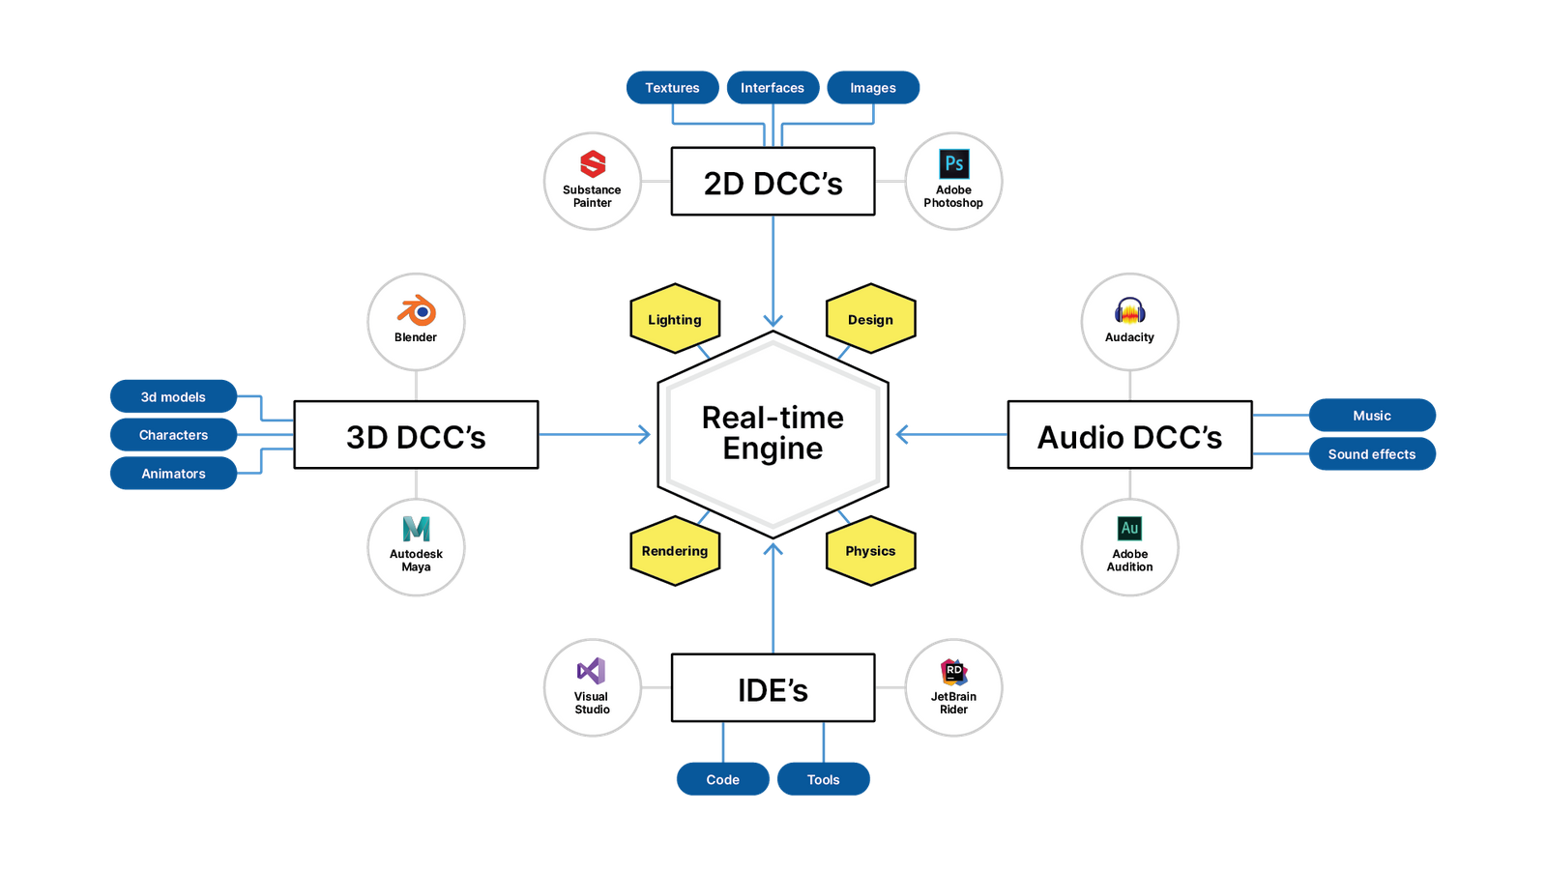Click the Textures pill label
(672, 88)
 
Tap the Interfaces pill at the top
(773, 88)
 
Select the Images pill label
(873, 88)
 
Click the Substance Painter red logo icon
(593, 163)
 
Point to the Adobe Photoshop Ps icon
(953, 163)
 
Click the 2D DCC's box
(773, 182)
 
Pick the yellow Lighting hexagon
(675, 319)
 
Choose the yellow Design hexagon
(870, 319)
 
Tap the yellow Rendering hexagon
(675, 551)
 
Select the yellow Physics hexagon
(870, 551)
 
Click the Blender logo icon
(416, 311)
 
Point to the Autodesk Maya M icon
(416, 529)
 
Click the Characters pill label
(173, 435)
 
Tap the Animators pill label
(173, 474)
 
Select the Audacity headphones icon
(1129, 311)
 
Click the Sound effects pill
(1371, 454)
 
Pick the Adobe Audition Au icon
(1129, 529)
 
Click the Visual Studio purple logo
(591, 671)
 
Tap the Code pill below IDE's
(722, 779)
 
